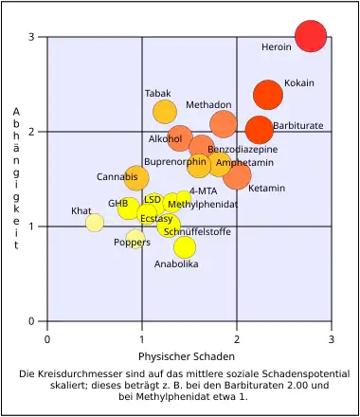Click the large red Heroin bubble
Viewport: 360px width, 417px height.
[311, 36]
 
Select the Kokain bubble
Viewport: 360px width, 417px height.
[268, 95]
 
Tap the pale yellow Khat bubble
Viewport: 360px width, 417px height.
[95, 223]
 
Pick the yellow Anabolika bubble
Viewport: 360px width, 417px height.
[185, 247]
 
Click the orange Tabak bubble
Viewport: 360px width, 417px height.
[165, 112]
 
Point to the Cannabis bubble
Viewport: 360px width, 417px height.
[136, 177]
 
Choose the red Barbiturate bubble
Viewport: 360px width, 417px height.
[259, 129]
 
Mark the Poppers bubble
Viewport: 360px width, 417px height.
[135, 238]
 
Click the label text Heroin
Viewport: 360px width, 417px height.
[277, 46]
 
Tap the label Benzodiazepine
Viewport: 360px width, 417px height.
[243, 150]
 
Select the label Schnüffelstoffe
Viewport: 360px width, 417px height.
[197, 231]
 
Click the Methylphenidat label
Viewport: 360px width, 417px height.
[202, 204]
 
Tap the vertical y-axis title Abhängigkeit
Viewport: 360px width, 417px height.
[17, 178]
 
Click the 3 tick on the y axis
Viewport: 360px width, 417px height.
[31, 37]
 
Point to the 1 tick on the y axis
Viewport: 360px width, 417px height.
[31, 227]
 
